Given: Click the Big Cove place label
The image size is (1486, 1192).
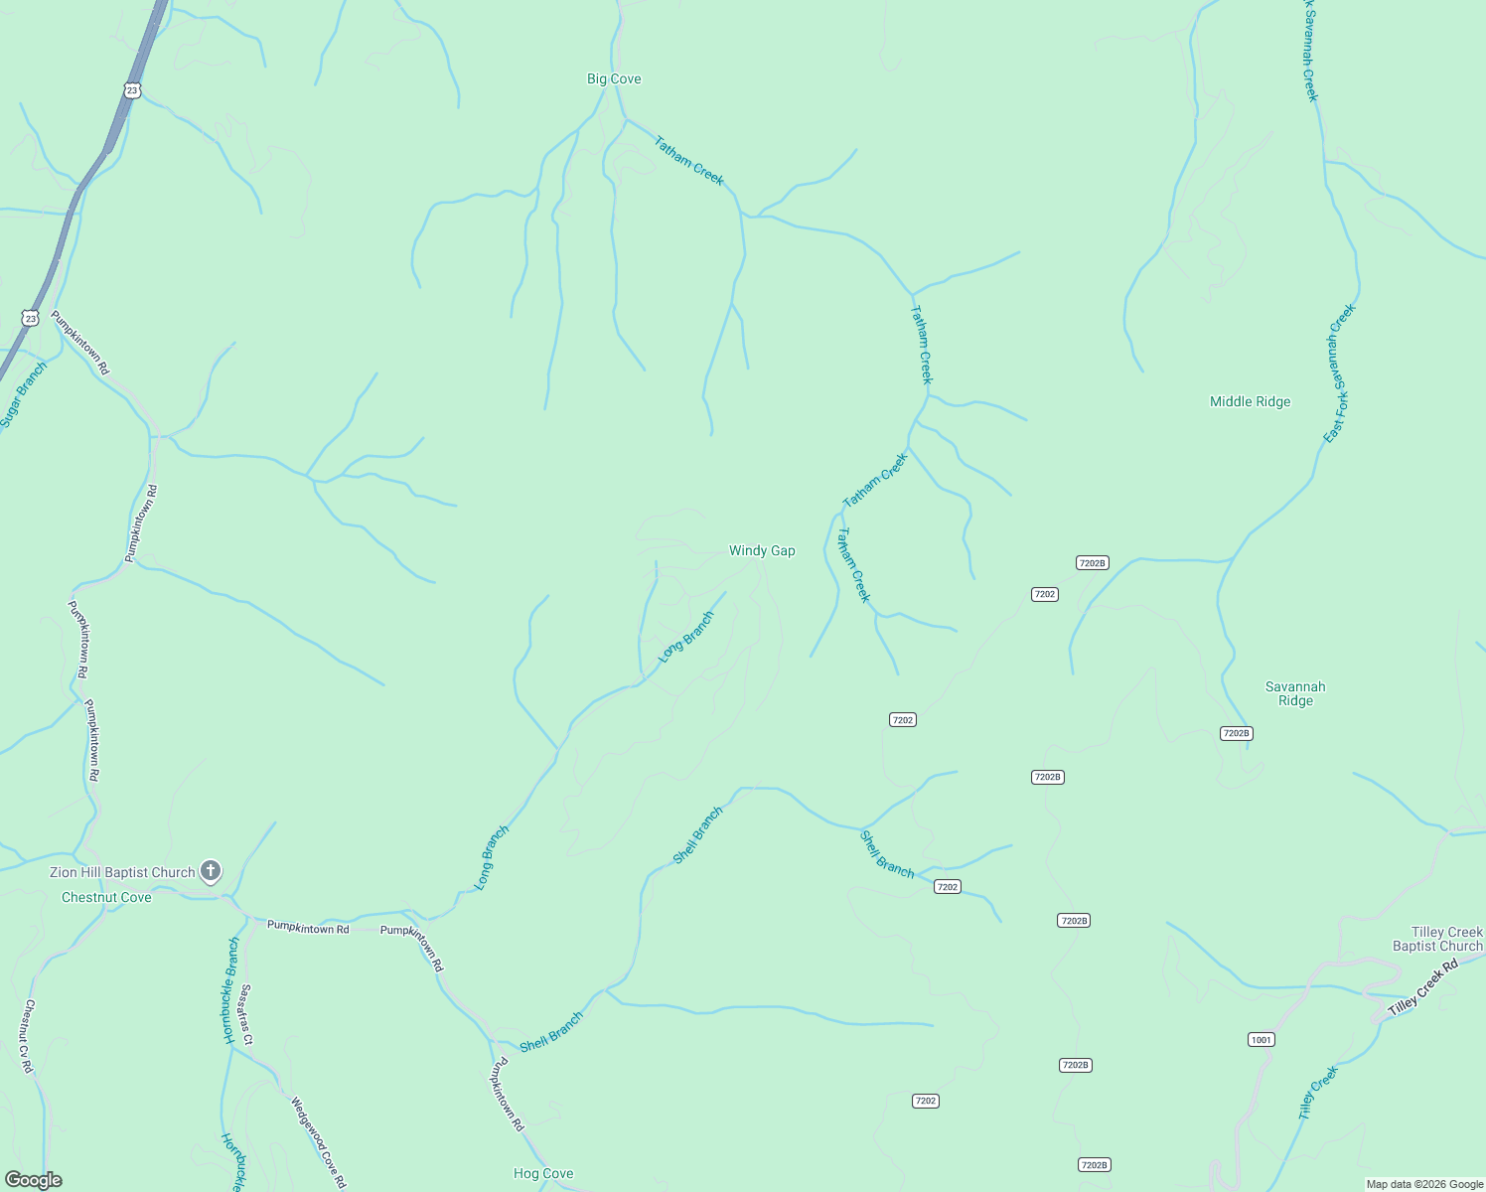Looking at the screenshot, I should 614,79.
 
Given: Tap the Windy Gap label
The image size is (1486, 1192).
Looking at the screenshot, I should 762,550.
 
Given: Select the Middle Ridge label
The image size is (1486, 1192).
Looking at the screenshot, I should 1250,401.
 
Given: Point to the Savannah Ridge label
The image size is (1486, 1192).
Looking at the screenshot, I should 1294,693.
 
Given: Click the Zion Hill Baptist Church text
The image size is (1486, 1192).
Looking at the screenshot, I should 122,873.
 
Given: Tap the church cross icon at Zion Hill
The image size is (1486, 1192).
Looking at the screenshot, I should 210,872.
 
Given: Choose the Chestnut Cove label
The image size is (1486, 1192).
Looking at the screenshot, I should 106,897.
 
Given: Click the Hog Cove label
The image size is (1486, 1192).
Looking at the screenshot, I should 543,1173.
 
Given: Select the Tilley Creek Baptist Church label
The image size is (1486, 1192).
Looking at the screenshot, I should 1437,939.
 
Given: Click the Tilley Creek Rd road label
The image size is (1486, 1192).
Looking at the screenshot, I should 1422,986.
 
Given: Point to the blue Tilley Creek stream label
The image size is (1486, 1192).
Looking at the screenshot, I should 1318,1093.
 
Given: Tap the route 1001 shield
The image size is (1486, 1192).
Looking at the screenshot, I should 1261,1040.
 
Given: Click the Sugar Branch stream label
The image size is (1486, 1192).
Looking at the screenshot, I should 23,395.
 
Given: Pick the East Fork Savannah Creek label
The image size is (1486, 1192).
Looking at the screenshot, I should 1339,373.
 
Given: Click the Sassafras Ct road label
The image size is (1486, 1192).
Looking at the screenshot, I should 247,1014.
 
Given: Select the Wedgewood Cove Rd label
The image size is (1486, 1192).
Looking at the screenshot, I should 318,1142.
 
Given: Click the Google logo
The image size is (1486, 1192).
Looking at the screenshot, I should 33,1180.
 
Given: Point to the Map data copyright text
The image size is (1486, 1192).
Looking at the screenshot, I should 1423,1184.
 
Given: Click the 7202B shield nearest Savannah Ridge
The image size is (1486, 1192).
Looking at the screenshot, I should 1236,733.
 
